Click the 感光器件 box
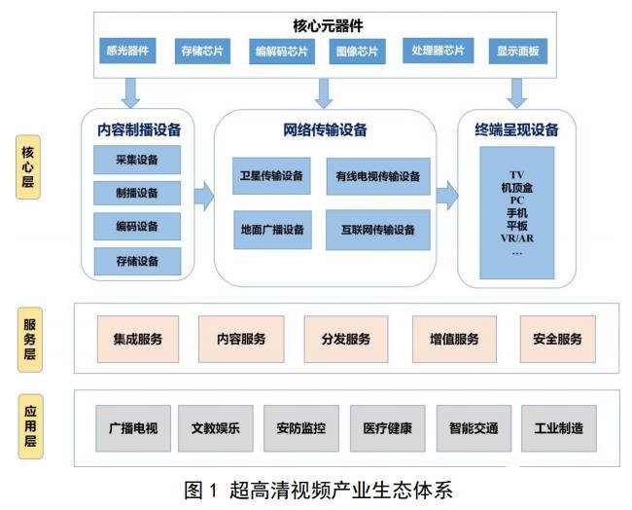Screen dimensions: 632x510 (x=127, y=51)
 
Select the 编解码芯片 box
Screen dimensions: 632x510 (x=282, y=52)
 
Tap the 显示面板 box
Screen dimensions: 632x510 (x=518, y=52)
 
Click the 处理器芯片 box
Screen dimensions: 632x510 (x=439, y=51)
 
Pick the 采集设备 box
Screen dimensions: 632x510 (x=137, y=160)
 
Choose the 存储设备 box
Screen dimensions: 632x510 (x=137, y=262)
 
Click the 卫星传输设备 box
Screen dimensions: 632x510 (x=271, y=176)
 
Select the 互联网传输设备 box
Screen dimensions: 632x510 (x=378, y=230)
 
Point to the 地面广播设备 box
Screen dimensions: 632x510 (x=272, y=230)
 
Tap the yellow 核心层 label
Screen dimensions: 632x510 (x=28, y=167)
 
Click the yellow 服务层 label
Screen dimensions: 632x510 (x=30, y=340)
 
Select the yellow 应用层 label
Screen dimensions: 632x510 (x=31, y=426)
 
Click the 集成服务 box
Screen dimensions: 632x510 (x=138, y=339)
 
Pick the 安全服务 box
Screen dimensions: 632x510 (x=558, y=339)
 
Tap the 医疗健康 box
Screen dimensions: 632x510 (x=388, y=428)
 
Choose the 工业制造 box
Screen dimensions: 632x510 (x=559, y=428)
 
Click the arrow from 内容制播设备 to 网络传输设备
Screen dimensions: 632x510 (x=204, y=197)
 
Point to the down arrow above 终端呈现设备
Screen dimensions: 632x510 (x=516, y=93)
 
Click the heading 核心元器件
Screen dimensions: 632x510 (x=328, y=26)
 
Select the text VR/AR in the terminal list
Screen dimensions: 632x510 (x=517, y=238)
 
